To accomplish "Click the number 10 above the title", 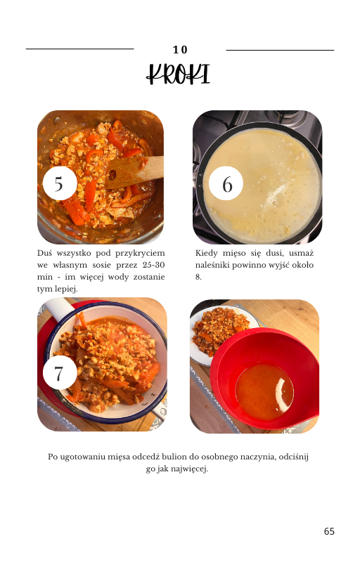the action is [x=180, y=50].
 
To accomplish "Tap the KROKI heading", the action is [x=178, y=74].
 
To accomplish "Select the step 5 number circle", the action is [x=60, y=183].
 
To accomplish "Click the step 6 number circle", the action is [x=226, y=183].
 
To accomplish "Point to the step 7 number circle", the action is [x=60, y=372].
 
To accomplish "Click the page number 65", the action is [x=329, y=531].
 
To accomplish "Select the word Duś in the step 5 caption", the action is [x=44, y=253].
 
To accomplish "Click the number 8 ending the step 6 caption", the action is [x=198, y=277].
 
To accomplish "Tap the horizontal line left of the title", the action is [x=80, y=48].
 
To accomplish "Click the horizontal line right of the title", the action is [x=280, y=50].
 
